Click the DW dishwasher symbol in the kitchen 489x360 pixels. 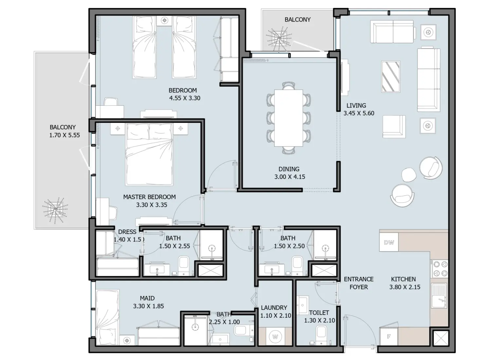click(x=389, y=242)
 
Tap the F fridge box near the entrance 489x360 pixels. click(x=389, y=336)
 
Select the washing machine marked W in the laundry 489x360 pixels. click(x=275, y=337)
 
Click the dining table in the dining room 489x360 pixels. click(x=289, y=118)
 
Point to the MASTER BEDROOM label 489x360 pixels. click(x=149, y=197)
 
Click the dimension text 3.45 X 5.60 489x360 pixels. click(x=359, y=113)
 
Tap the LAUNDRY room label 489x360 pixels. click(x=274, y=308)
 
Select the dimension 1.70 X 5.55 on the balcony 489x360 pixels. click(x=64, y=135)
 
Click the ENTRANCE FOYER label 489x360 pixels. click(x=359, y=283)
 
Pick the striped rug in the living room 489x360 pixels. click(x=390, y=77)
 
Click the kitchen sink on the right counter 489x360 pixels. click(x=439, y=296)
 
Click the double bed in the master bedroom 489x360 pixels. click(x=149, y=154)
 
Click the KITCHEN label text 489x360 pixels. click(x=403, y=279)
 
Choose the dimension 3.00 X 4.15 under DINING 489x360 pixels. click(x=290, y=177)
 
